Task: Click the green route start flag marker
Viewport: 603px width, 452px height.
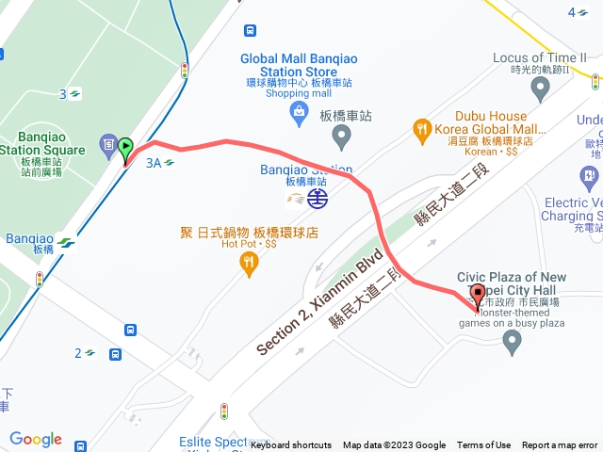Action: click(125, 149)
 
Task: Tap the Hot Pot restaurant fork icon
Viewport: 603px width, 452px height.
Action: click(249, 265)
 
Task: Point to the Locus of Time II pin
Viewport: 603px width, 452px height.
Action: click(540, 89)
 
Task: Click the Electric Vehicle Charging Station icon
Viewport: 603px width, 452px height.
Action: click(589, 175)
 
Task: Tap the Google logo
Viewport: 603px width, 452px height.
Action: click(36, 439)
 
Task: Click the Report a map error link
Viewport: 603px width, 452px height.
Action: click(560, 445)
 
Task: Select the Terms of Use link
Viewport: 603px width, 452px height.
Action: click(484, 445)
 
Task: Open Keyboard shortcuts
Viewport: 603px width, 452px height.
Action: click(291, 445)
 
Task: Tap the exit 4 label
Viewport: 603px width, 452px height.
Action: click(576, 12)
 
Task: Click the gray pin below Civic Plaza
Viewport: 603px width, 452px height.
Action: click(513, 344)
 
